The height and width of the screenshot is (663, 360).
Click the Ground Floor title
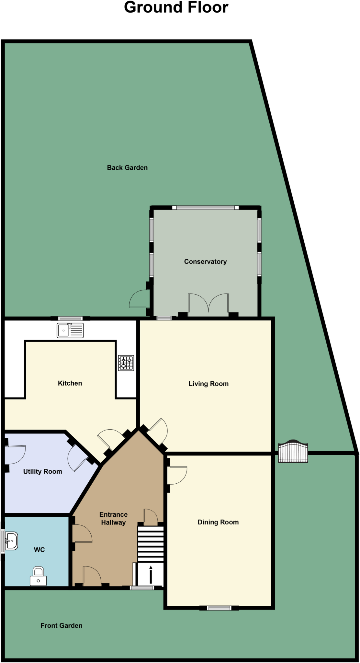tap(176, 7)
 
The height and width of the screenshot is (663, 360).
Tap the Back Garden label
tap(127, 168)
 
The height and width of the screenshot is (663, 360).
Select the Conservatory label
tap(205, 262)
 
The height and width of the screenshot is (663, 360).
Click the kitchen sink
tap(70, 330)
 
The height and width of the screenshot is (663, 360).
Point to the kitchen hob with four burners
tap(126, 363)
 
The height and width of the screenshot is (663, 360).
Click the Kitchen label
tap(70, 383)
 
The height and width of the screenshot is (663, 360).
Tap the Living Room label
tap(208, 384)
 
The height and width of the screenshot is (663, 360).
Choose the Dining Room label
tap(218, 522)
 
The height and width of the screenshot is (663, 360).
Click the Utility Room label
tap(42, 471)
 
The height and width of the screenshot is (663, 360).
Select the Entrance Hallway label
tap(113, 518)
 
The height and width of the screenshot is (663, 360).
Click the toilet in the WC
tap(38, 576)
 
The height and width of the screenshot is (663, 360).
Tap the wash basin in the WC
tap(11, 541)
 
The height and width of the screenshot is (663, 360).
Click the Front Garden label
tap(62, 625)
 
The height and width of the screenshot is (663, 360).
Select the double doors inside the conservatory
tap(208, 304)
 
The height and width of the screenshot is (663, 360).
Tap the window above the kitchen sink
tap(70, 319)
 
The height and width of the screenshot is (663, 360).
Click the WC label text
tap(39, 550)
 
